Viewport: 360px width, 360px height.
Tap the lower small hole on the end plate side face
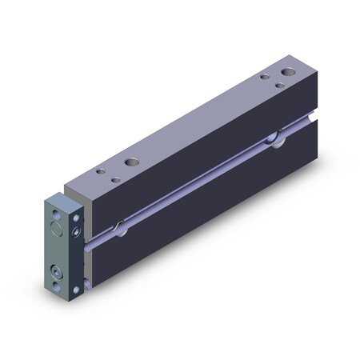(77, 287)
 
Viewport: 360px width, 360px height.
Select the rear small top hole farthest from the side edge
(264, 76)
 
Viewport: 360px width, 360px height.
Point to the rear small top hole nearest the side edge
(279, 84)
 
